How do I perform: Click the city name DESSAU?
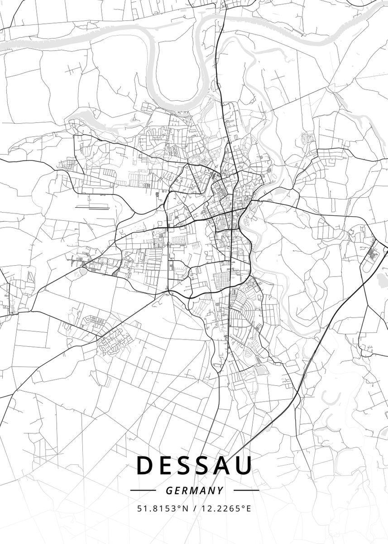[194, 466]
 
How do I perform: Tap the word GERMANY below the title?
[194, 491]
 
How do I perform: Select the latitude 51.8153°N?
[163, 508]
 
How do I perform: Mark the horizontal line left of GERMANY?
[143, 491]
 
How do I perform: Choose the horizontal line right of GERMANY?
[246, 491]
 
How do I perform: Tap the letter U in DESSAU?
[243, 466]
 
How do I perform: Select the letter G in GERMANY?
[168, 491]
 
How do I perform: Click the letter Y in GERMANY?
[220, 491]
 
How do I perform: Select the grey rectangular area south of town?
[259, 370]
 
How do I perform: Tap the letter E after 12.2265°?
[248, 508]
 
